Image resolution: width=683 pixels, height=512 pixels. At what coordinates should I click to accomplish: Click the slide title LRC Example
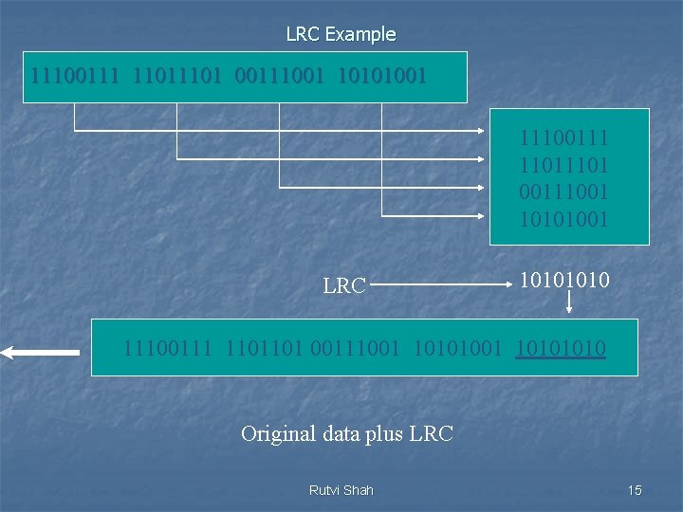pyautogui.click(x=341, y=34)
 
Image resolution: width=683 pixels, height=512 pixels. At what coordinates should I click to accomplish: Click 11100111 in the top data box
pyautogui.click(x=75, y=73)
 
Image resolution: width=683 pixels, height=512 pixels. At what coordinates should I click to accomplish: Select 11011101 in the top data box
pyautogui.click(x=176, y=73)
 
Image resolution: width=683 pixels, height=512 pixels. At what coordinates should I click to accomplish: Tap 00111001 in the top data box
pyautogui.click(x=279, y=73)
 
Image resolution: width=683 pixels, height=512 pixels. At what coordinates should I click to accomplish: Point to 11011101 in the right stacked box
pyautogui.click(x=563, y=165)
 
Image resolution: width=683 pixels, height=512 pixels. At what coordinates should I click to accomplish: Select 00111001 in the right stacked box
pyautogui.click(x=563, y=192)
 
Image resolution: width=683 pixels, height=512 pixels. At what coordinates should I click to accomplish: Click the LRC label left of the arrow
pyautogui.click(x=344, y=284)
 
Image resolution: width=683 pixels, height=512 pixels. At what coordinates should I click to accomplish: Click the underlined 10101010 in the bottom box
pyautogui.click(x=561, y=349)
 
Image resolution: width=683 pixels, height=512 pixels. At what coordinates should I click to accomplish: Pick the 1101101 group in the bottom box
pyautogui.click(x=261, y=349)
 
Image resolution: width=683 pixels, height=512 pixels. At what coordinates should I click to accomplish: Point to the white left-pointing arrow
pyautogui.click(x=40, y=353)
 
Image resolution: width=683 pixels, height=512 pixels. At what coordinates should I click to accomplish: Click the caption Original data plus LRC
pyautogui.click(x=347, y=434)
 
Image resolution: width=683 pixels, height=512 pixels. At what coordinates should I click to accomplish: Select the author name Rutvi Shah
pyautogui.click(x=341, y=490)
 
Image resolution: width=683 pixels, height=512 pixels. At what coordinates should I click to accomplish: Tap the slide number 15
pyautogui.click(x=635, y=490)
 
